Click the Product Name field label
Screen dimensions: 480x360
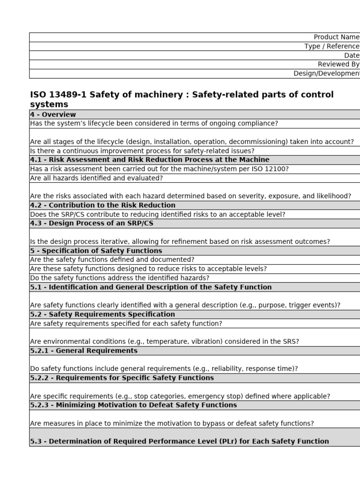point(336,37)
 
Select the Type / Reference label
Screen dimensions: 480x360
point(331,46)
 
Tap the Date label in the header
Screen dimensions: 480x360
point(352,55)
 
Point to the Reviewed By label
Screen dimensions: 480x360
point(338,64)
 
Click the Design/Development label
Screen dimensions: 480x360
point(326,74)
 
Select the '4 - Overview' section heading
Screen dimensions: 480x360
point(53,114)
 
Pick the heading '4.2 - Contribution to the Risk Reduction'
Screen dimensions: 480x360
point(103,205)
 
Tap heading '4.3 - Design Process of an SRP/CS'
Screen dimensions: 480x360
point(91,224)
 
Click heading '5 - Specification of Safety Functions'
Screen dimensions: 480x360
point(96,251)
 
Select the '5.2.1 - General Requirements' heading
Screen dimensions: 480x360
point(84,351)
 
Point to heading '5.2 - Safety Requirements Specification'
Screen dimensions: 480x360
point(102,315)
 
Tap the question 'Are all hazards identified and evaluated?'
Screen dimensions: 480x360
point(96,178)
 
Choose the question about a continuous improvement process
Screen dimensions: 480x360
point(142,151)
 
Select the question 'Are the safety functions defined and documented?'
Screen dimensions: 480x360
point(112,260)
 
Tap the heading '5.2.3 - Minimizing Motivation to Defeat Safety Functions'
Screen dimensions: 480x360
point(134,405)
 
